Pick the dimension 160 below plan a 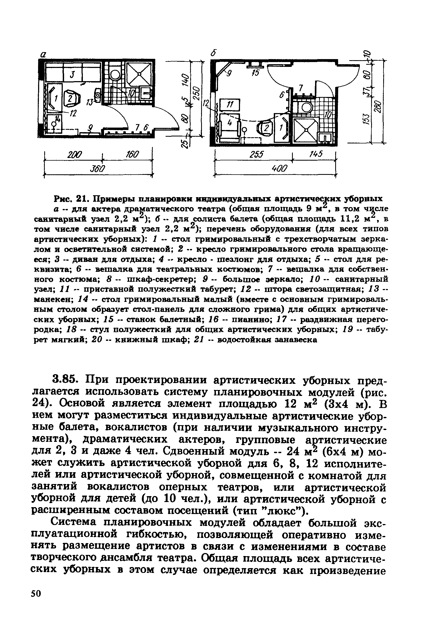(x=131, y=155)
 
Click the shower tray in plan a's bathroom (x=139, y=73)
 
